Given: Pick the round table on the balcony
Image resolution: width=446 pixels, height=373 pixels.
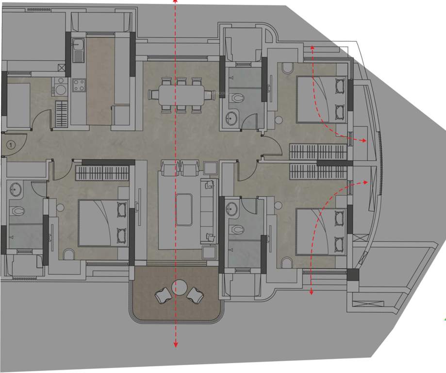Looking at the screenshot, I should [x=180, y=287].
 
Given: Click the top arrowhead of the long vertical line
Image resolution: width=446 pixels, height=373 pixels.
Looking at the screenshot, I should [x=176, y=2].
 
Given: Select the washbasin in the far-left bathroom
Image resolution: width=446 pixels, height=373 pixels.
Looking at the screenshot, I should [x=15, y=189].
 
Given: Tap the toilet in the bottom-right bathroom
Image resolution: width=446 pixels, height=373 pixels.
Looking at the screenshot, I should [x=237, y=229].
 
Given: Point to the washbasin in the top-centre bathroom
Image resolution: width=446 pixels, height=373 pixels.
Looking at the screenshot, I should [x=232, y=118].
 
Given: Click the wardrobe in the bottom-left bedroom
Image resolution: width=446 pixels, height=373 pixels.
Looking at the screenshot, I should [x=102, y=173].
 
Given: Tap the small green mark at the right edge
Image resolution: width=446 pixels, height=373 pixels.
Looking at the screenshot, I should [x=445, y=319].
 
